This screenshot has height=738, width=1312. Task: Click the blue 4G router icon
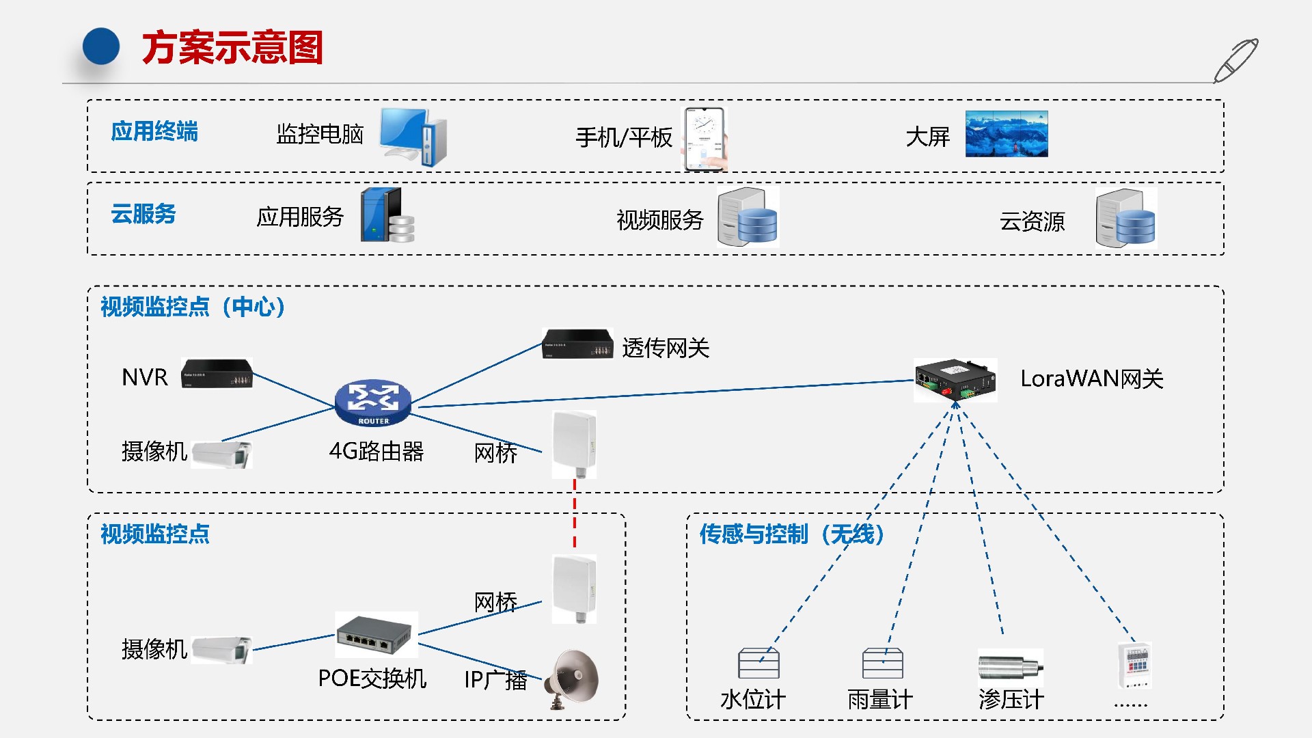(x=373, y=402)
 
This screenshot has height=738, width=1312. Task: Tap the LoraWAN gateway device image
(x=955, y=380)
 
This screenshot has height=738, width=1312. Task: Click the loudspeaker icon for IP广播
(x=574, y=679)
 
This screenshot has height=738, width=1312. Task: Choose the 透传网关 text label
(x=666, y=348)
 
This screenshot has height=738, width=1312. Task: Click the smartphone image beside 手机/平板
(x=705, y=139)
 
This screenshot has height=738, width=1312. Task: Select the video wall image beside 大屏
(x=1007, y=135)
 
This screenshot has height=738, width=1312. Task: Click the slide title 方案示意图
(x=232, y=48)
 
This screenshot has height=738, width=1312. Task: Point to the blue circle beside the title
(x=101, y=46)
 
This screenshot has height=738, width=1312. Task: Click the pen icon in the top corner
(x=1235, y=61)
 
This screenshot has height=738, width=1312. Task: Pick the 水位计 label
(x=753, y=700)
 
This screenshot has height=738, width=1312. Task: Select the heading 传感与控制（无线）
(x=792, y=534)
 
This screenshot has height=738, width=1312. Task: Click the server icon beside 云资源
(x=1125, y=219)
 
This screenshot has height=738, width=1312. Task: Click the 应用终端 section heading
(x=154, y=131)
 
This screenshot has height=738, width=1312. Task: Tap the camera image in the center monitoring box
(x=221, y=454)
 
